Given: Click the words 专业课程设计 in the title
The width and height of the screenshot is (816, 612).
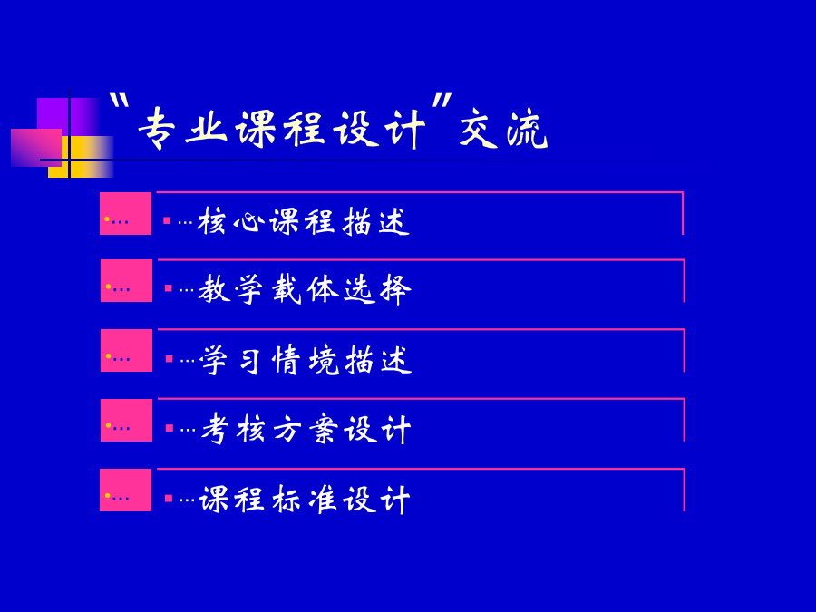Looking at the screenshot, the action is click(x=282, y=129).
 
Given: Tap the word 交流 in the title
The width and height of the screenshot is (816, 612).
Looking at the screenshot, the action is click(x=503, y=128).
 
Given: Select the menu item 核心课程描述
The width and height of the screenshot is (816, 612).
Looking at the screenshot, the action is click(x=304, y=221).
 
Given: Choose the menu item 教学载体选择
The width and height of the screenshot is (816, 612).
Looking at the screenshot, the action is click(x=305, y=289).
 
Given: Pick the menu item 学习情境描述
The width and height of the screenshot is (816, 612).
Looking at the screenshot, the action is click(x=306, y=359).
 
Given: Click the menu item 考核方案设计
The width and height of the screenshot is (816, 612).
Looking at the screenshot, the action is click(x=306, y=428).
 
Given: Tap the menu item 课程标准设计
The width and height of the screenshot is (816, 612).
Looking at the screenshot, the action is click(x=305, y=499).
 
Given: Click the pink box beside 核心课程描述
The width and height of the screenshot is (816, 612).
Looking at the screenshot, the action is click(x=125, y=213).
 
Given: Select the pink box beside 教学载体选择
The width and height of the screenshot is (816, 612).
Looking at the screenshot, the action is click(x=126, y=280).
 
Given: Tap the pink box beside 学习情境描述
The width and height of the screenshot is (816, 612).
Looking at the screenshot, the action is click(x=126, y=350).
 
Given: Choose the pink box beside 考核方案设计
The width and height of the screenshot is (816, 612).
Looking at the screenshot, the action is click(x=126, y=420).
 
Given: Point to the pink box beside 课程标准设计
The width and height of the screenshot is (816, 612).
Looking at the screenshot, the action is click(x=125, y=490).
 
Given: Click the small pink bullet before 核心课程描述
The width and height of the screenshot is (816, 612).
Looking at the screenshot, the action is click(x=167, y=220).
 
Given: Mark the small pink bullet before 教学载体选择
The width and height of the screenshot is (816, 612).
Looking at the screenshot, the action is click(x=168, y=288).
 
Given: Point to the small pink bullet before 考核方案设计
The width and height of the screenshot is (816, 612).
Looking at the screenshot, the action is click(x=170, y=428).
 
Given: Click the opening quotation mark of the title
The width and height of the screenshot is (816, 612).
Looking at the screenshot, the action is click(x=120, y=100).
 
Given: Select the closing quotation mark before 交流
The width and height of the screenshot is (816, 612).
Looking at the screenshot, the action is click(x=442, y=100).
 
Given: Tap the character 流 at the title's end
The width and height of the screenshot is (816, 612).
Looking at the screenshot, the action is click(x=527, y=129).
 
